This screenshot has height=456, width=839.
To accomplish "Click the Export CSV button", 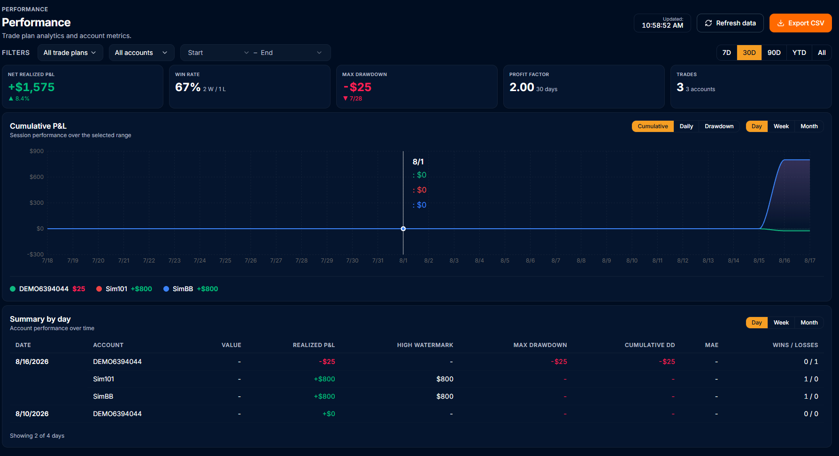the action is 801,23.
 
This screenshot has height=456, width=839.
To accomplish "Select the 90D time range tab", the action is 774,53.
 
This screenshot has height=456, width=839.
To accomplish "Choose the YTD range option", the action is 799,53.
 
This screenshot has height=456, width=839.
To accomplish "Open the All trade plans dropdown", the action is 70,53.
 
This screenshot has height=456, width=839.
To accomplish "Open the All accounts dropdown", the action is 141,53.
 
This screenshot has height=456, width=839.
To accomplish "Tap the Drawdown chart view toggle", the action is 719,126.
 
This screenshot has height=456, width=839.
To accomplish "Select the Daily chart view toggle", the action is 686,126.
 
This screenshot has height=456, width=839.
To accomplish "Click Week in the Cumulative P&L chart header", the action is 781,126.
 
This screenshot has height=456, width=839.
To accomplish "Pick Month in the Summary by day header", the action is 809,323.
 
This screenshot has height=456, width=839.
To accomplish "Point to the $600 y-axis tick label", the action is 37,177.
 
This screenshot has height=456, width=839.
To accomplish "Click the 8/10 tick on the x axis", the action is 632,261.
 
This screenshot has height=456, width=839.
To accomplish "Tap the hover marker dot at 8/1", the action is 403,229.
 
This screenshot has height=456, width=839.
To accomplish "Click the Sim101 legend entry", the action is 124,289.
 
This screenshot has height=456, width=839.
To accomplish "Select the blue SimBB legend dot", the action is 166,289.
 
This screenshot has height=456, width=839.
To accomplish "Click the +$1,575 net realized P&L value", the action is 31,87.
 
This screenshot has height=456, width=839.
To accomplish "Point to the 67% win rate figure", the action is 188,87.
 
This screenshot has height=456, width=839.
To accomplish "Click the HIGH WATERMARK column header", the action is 425,345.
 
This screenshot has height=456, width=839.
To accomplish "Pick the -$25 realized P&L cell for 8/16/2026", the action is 327,362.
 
